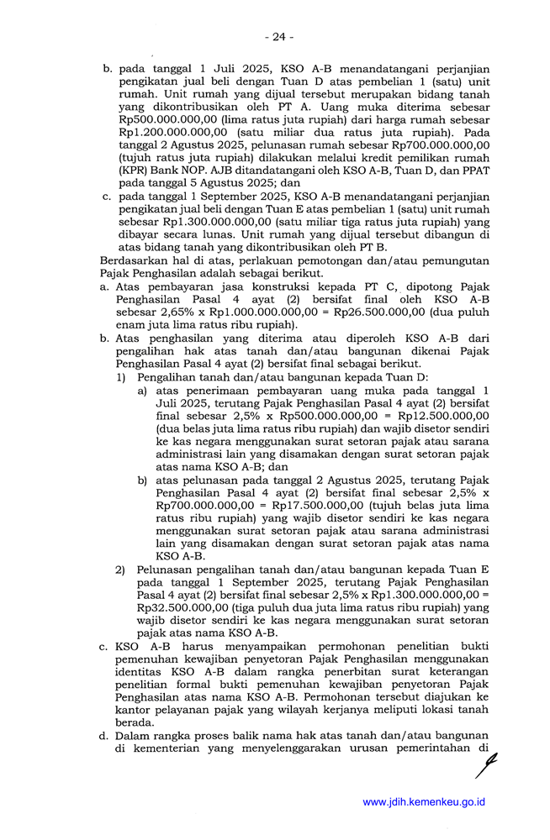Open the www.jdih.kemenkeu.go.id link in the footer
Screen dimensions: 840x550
tap(424, 802)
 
